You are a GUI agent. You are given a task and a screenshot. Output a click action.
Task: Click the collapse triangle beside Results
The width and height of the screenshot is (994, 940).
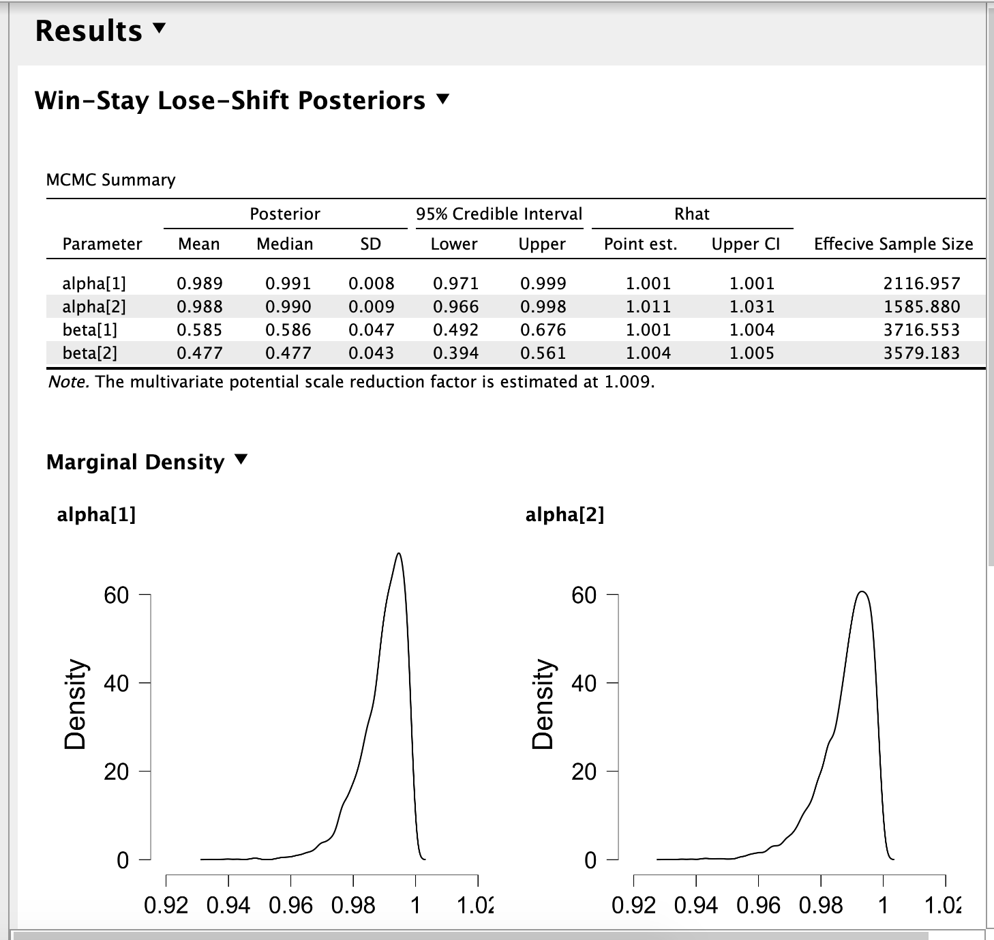pyautogui.click(x=160, y=29)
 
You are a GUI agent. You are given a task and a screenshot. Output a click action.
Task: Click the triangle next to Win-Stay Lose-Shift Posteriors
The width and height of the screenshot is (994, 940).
pyautogui.click(x=443, y=100)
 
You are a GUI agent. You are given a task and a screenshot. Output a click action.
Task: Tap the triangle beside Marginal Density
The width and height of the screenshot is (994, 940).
pyautogui.click(x=241, y=460)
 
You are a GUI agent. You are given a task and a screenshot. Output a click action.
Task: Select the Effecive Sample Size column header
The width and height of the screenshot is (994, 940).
pyautogui.click(x=893, y=244)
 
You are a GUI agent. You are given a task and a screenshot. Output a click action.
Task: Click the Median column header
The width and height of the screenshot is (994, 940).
pyautogui.click(x=284, y=244)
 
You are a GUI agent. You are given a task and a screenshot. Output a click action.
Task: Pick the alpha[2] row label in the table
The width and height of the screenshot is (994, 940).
pyautogui.click(x=94, y=307)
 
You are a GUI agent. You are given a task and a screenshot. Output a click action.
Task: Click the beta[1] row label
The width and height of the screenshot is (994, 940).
pyautogui.click(x=90, y=330)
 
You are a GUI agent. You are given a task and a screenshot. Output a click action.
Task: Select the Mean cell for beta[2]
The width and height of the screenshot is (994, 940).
pyautogui.click(x=199, y=353)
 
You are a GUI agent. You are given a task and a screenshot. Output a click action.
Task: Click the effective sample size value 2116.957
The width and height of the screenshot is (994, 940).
pyautogui.click(x=921, y=284)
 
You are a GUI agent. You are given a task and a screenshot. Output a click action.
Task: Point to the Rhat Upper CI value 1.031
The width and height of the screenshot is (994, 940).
pyautogui.click(x=751, y=307)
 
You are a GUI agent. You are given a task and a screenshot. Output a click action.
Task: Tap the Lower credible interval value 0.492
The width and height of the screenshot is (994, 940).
pyautogui.click(x=455, y=330)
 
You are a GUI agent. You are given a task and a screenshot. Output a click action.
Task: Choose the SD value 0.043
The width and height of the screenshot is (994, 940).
pyautogui.click(x=371, y=353)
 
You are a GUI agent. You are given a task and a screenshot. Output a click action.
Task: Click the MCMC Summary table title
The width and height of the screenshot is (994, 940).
pyautogui.click(x=110, y=180)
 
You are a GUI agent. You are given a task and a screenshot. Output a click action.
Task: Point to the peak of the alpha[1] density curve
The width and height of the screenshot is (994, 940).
pyautogui.click(x=399, y=553)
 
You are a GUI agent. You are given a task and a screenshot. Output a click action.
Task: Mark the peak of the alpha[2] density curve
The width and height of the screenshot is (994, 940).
pyautogui.click(x=862, y=591)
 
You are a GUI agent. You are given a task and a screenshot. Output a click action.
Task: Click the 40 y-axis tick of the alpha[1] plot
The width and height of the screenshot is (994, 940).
pyautogui.click(x=116, y=683)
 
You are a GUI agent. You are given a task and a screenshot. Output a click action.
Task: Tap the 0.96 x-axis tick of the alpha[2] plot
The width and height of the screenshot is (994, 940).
pyautogui.click(x=758, y=906)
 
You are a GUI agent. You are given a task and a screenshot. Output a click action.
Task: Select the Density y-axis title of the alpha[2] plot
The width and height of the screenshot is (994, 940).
pyautogui.click(x=543, y=704)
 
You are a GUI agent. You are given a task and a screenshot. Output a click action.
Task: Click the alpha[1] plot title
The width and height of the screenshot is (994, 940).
pyautogui.click(x=96, y=514)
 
